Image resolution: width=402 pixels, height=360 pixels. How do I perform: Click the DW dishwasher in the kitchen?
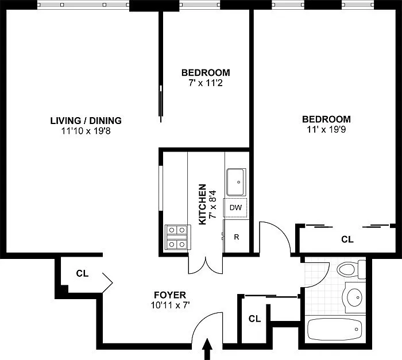point(235,207)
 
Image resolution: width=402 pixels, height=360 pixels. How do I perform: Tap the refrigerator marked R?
point(236,236)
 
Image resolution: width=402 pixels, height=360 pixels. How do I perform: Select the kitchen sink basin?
point(236,182)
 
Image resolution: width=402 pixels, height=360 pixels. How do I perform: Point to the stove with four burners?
point(177,237)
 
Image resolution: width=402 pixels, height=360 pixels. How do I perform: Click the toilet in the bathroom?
point(351,269)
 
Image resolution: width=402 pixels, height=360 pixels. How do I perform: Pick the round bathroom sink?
point(354,297)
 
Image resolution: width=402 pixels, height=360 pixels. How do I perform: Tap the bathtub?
point(335,329)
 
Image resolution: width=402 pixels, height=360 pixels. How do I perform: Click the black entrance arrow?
point(207,349)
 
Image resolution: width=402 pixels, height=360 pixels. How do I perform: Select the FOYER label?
point(170,295)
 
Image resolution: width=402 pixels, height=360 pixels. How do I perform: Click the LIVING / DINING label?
point(86,121)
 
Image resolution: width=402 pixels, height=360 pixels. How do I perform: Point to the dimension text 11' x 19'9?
point(326,130)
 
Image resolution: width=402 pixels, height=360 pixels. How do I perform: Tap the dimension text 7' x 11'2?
point(206,83)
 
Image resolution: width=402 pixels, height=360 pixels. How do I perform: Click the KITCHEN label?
point(203,204)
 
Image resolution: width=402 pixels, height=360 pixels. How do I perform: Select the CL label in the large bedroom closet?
point(347,239)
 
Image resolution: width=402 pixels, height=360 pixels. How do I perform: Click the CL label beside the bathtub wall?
point(254,319)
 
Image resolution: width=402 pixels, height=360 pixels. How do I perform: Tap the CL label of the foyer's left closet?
point(82,273)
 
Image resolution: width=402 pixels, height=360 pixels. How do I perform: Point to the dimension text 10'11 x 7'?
point(170,305)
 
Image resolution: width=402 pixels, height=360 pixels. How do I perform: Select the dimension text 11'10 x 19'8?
point(86,131)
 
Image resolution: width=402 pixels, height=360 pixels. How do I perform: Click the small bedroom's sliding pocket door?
point(161,103)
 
